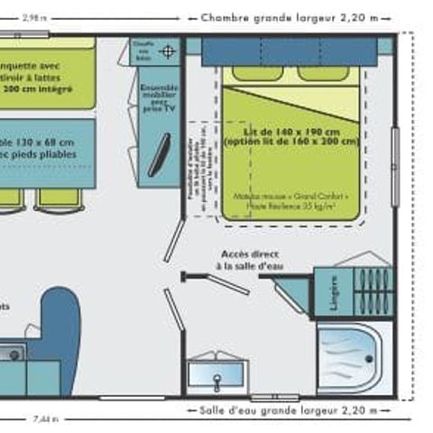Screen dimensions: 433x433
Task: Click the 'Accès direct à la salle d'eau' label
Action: tap(248, 259)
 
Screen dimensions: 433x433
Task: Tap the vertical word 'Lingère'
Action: tap(333, 290)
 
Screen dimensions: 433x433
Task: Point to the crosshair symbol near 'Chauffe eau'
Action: tap(166, 52)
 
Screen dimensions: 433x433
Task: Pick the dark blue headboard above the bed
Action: tap(289, 51)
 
